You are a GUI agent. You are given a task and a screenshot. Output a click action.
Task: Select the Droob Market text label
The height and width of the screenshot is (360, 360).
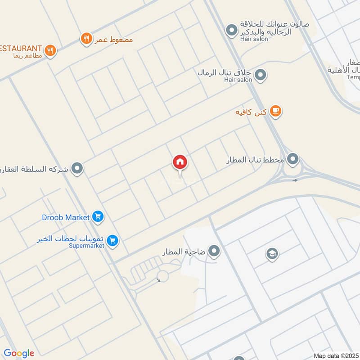(66, 217)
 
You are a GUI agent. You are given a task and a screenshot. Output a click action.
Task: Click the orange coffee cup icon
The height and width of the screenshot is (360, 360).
(275, 112)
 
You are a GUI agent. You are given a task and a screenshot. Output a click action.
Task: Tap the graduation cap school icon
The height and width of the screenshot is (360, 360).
(272, 254)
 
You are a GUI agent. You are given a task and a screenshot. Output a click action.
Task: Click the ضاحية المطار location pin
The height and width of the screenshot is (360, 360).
(214, 252)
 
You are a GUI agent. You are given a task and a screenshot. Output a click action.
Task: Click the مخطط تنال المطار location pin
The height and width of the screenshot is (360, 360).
(293, 159)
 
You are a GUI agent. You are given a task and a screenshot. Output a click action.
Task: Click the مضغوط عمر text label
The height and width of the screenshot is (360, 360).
(113, 39)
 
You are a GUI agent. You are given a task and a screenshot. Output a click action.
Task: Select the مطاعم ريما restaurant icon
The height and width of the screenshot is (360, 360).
(50, 50)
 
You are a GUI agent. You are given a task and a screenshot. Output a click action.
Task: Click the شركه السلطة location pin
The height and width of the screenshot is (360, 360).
(78, 169)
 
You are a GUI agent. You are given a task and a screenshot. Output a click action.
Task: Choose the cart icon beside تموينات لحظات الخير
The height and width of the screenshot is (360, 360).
(112, 241)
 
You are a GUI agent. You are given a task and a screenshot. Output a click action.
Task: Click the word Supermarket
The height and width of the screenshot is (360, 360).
(88, 246)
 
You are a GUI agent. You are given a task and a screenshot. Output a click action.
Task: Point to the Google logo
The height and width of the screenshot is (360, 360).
(19, 353)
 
